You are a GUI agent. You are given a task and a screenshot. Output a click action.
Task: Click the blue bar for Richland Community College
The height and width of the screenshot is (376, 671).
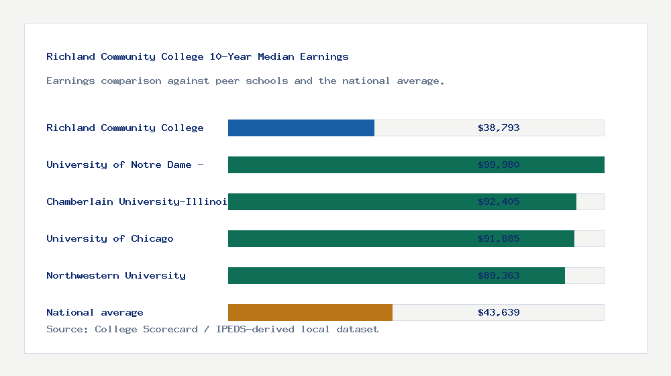(301, 128)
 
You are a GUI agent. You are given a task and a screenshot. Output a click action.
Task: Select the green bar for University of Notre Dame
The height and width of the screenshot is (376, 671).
(349, 164)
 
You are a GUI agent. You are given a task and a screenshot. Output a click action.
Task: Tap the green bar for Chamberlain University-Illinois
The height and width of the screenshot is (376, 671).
(349, 201)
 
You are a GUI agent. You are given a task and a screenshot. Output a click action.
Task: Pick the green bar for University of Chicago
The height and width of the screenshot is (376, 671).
(349, 238)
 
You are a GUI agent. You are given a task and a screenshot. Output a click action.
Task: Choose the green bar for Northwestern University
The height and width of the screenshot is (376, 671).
(349, 275)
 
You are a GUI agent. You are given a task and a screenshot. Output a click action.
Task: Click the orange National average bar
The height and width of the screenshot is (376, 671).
(310, 312)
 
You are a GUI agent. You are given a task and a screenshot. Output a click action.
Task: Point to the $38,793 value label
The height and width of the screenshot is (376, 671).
(499, 128)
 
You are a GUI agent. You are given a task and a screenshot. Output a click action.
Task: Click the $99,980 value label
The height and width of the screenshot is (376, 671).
(499, 164)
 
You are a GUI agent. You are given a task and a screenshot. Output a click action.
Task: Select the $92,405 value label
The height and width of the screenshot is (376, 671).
(499, 201)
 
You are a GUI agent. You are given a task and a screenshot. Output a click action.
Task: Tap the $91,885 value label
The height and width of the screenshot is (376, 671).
(499, 238)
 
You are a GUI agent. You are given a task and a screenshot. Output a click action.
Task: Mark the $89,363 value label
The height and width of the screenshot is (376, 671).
(499, 275)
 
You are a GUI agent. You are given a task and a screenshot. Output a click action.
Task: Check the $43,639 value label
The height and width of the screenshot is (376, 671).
(499, 312)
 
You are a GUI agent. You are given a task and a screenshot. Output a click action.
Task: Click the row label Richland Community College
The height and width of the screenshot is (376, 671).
(125, 128)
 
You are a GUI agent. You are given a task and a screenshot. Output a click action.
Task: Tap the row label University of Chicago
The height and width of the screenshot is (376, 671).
(110, 238)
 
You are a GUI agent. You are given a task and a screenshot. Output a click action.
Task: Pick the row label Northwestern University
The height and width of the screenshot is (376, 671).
(116, 275)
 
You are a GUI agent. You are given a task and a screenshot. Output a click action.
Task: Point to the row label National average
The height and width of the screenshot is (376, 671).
(95, 312)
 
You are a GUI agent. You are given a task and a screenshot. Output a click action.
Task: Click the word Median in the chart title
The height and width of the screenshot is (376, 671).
(276, 56)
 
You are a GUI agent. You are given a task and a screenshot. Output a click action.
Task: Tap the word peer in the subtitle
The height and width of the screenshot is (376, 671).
(227, 81)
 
